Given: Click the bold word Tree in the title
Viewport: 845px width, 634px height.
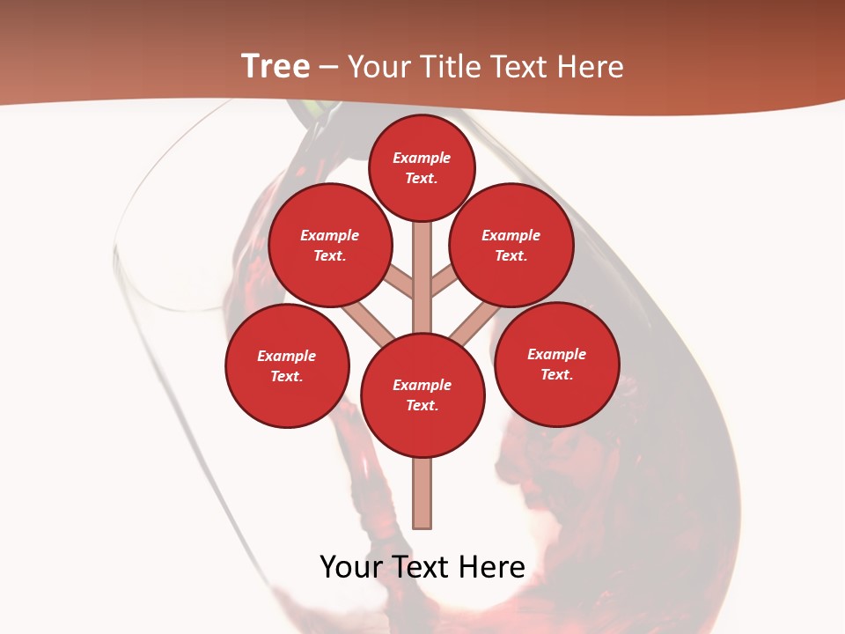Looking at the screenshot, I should click(x=276, y=67).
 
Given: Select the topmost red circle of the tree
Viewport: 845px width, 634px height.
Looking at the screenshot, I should click(x=422, y=167).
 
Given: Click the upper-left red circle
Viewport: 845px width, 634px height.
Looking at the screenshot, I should click(x=330, y=246).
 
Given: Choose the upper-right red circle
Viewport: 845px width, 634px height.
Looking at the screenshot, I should click(x=511, y=246).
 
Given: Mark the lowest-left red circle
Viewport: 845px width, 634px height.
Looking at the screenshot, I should click(x=287, y=365).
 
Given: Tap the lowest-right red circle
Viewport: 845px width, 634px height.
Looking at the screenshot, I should click(x=557, y=364).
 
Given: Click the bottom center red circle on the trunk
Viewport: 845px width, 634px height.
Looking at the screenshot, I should click(x=422, y=395).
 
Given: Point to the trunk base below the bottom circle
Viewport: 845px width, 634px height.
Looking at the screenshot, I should click(x=422, y=493).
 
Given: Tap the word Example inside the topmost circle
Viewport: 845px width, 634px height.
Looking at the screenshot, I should click(x=422, y=158).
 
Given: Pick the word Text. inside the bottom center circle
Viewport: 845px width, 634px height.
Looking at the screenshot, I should click(x=422, y=406).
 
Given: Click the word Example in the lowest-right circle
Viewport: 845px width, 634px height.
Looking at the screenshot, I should click(x=556, y=354).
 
